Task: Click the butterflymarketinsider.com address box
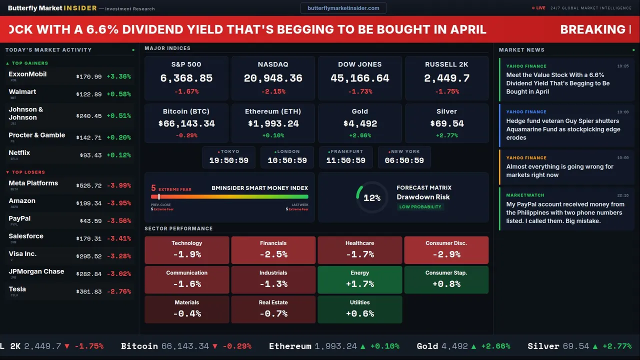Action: click(343, 8)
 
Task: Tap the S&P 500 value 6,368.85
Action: click(186, 78)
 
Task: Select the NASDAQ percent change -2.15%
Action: click(273, 91)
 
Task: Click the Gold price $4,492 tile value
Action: click(360, 123)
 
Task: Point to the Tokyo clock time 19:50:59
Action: click(229, 160)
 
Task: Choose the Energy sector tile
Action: click(360, 279)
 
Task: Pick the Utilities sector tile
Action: click(360, 309)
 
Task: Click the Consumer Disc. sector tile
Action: click(446, 250)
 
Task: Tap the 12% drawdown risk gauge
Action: click(372, 197)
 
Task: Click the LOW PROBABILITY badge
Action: click(420, 207)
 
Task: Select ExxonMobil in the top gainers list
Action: click(27, 74)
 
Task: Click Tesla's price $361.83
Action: click(89, 291)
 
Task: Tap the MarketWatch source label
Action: click(525, 195)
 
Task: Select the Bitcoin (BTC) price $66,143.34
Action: click(186, 123)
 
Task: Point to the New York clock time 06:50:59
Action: click(404, 160)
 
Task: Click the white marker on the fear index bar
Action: click(159, 197)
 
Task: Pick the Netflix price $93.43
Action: click(90, 155)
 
